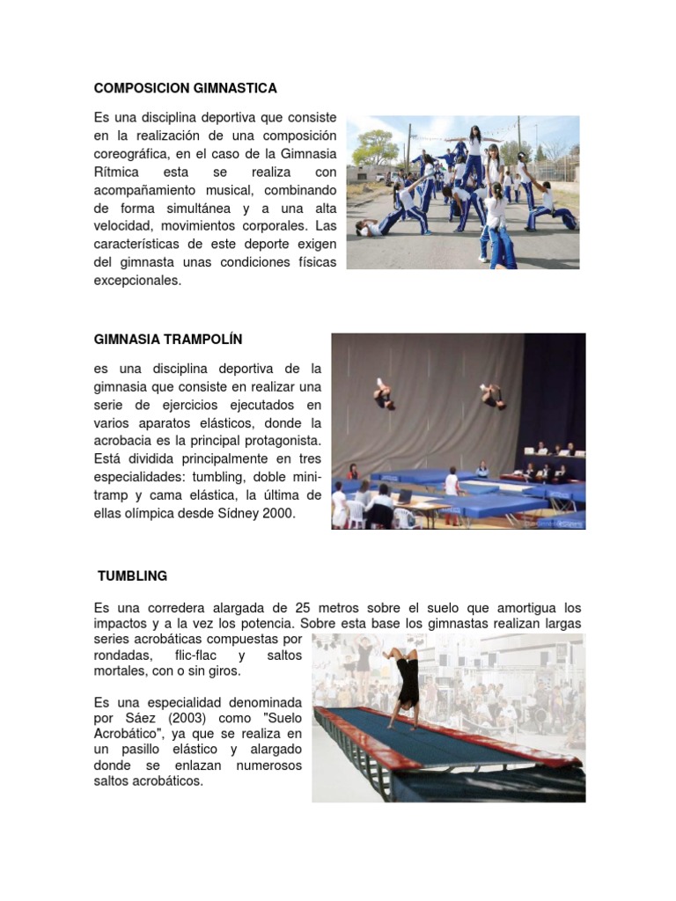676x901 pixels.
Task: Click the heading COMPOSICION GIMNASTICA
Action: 185,88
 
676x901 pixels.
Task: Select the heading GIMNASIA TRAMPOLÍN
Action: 167,339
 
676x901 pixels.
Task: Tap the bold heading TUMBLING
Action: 133,576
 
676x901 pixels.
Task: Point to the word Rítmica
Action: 117,173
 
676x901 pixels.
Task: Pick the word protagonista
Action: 278,440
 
